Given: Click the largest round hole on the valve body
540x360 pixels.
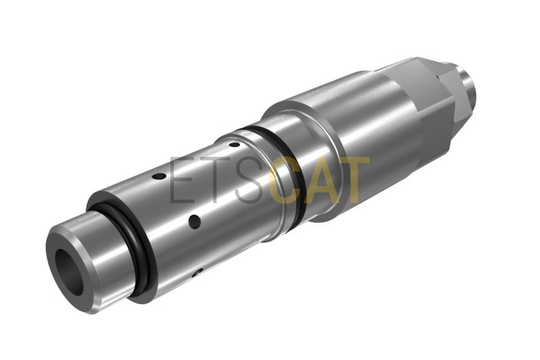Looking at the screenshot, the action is [194, 221].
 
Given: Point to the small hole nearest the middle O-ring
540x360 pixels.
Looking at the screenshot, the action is [234, 144].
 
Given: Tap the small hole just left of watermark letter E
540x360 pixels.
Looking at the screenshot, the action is [159, 176].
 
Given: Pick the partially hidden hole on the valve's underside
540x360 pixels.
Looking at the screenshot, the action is [196, 274].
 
